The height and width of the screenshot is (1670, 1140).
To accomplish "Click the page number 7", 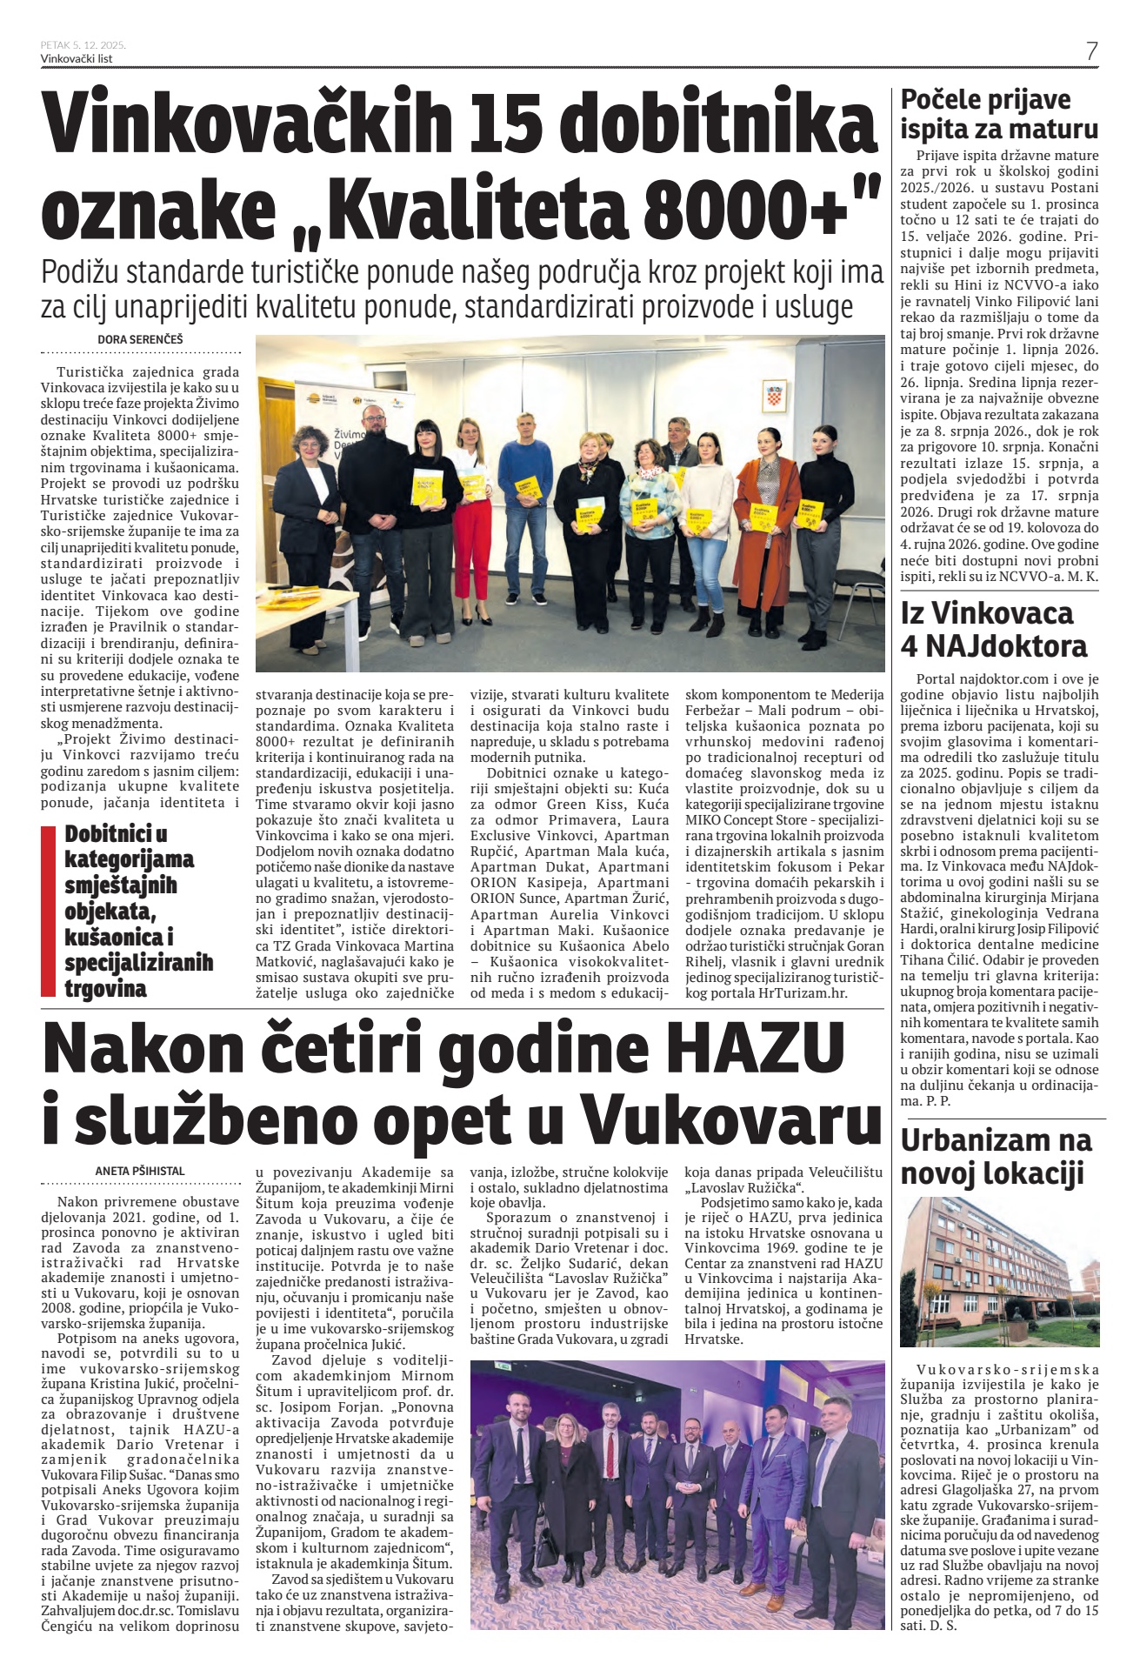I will tap(1091, 50).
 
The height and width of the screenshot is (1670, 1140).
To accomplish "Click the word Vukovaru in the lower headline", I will tap(731, 1121).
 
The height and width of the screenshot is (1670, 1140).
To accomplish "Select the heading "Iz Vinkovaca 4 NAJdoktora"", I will tap(994, 629).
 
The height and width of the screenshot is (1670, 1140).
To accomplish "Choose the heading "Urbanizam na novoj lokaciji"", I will tap(997, 1156).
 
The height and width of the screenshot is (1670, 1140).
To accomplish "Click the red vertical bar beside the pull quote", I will tap(49, 910).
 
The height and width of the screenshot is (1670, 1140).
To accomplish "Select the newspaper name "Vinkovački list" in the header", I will tap(77, 59).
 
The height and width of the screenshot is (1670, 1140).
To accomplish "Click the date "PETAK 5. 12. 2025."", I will tap(83, 44).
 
